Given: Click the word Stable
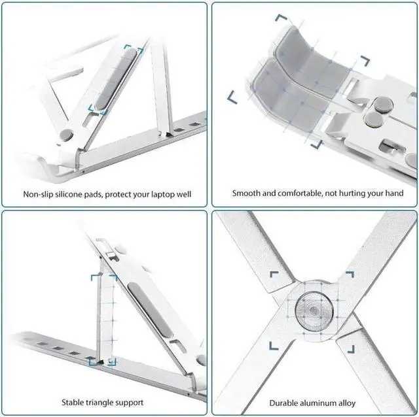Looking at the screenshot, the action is click(x=75, y=403).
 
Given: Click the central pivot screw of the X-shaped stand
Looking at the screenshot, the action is click(x=308, y=306).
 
